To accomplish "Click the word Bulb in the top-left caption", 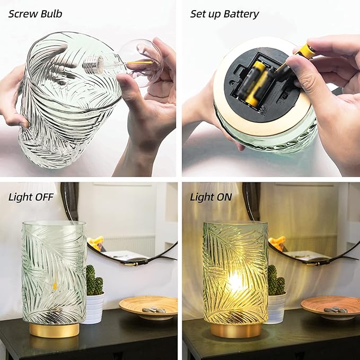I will coord(51,14).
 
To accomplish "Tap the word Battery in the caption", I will coord(241,14).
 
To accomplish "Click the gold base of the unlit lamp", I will coord(54,330).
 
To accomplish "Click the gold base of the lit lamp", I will coord(236,330).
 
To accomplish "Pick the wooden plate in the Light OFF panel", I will coord(148,306).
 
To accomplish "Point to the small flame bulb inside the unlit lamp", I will coord(55,286).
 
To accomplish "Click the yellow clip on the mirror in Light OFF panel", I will coord(96,243).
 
